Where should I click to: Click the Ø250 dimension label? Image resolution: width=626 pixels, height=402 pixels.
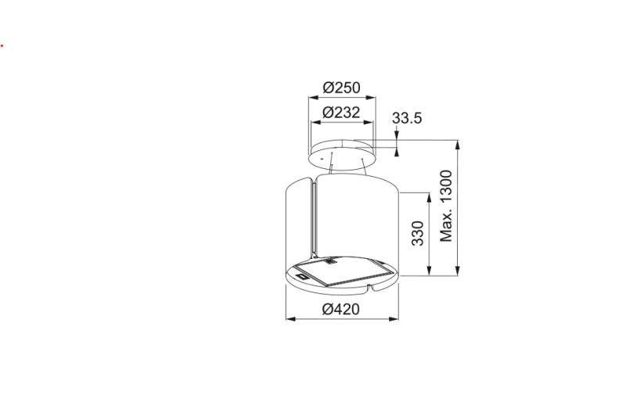coord(341,88)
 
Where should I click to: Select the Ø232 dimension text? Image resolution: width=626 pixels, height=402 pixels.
coord(341,113)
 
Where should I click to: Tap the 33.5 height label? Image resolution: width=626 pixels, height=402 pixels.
coord(407,118)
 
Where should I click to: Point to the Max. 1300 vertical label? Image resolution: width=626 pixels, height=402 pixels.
coord(447,206)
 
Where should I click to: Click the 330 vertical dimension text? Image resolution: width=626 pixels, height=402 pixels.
coord(417,233)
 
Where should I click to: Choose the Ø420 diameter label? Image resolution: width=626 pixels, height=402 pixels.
coord(341,309)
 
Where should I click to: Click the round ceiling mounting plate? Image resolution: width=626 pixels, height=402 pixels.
coord(341,152)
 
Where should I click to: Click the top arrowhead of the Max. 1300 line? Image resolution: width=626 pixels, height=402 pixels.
coord(458,144)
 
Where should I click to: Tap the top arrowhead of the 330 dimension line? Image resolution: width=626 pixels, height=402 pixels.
coord(429,196)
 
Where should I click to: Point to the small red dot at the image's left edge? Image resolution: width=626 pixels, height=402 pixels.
coord(2,45)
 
